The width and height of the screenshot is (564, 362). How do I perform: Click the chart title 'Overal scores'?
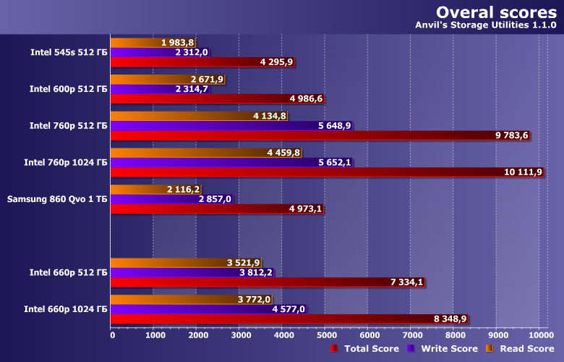point(495,13)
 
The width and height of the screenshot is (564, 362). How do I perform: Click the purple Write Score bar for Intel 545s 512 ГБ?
point(145,52)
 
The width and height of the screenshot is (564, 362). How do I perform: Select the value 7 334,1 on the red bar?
point(406,282)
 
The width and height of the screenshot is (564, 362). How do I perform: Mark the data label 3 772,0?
point(254,300)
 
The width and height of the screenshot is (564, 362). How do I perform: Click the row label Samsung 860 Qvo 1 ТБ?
point(57,199)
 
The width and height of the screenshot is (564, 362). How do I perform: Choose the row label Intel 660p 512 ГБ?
point(68,273)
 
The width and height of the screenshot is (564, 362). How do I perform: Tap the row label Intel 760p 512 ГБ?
point(68,125)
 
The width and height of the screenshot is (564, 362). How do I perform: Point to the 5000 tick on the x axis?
point(325,334)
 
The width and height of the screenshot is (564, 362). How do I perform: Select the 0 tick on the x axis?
point(112,334)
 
